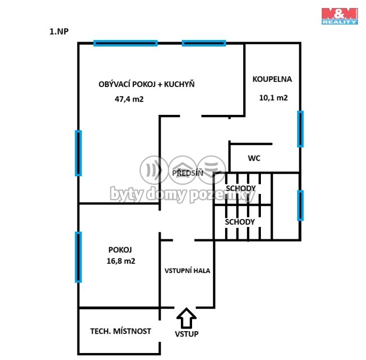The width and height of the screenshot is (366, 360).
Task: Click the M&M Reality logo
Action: tap(340, 16)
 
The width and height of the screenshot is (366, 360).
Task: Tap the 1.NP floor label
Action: tap(59, 32)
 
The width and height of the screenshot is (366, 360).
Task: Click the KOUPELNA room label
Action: tap(272, 79)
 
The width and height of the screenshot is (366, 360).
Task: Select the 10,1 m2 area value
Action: tap(273, 98)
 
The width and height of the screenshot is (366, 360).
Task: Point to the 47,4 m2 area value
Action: tap(129, 99)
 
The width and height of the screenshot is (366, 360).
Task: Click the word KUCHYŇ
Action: tap(179, 84)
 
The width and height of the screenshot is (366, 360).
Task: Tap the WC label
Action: tap(254, 158)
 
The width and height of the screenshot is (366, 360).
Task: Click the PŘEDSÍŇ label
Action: tap(188, 173)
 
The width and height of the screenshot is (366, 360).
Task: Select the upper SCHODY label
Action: tap(241, 189)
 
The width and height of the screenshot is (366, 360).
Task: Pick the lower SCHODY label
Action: tap(240, 222)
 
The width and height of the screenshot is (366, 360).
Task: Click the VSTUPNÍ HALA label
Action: tap(187, 270)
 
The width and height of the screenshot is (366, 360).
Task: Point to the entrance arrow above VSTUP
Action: tap(186, 318)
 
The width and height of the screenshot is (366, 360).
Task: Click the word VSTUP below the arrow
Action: tap(187, 334)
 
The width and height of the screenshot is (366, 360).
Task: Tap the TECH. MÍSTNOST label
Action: tap(121, 331)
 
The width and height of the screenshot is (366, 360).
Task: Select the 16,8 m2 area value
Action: tap(121, 261)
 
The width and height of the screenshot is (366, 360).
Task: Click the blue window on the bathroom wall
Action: tap(300, 129)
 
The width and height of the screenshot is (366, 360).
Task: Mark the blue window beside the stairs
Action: tap(300, 205)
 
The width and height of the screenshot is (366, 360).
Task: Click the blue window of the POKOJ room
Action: tap(78, 257)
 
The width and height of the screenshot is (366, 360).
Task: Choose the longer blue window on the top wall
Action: tap(125, 43)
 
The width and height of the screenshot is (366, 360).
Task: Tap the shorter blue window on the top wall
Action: tap(204, 43)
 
